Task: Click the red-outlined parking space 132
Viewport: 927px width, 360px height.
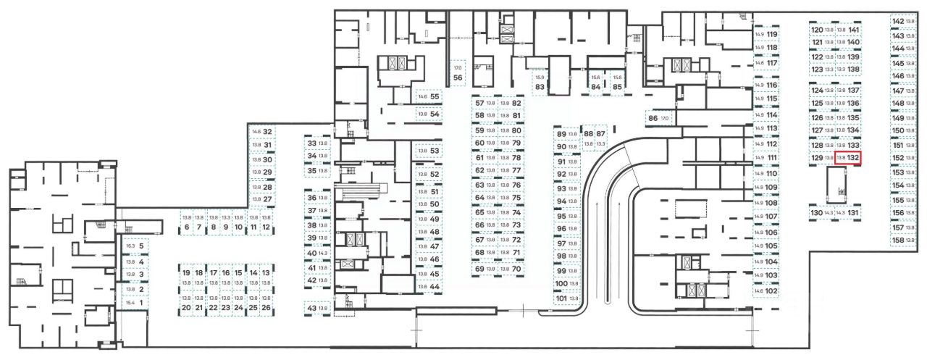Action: point(847,157)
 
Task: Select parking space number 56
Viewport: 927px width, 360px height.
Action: point(458,73)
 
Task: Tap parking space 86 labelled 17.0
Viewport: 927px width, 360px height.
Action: point(658,117)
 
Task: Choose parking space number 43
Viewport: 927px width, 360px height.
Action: point(317,309)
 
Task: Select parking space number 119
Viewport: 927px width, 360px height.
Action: point(766,34)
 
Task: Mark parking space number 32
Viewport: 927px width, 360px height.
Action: point(261,132)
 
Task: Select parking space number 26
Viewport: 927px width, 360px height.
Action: point(266,308)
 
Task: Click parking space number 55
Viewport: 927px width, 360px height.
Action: point(429,96)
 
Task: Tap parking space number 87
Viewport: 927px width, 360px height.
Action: point(600,134)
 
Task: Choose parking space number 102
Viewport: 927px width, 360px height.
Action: point(766,290)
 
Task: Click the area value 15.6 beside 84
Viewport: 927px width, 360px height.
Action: point(595,78)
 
